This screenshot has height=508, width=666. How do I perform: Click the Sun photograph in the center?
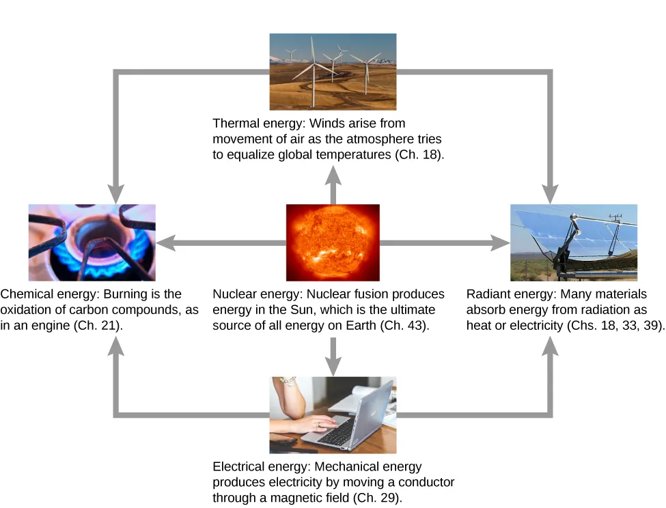coord(333,242)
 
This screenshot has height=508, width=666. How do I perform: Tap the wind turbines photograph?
coord(333,72)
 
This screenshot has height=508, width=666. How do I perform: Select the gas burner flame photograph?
coord(92,242)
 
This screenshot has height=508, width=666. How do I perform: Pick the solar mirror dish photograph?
coord(574,242)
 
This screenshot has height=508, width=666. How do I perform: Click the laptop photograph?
coord(333,414)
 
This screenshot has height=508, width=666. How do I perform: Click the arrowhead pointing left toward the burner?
coord(167,242)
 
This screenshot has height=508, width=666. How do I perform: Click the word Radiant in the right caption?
coord(488,294)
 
